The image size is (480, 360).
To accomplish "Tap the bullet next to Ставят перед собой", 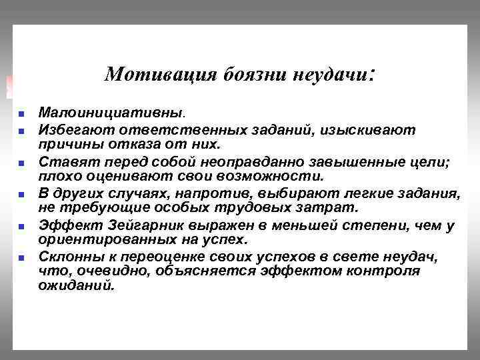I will pyautogui.click(x=21, y=162).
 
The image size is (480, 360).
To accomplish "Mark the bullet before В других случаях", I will pyautogui.click(x=21, y=195).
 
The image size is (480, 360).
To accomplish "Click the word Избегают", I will pyautogui.click(x=73, y=128).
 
